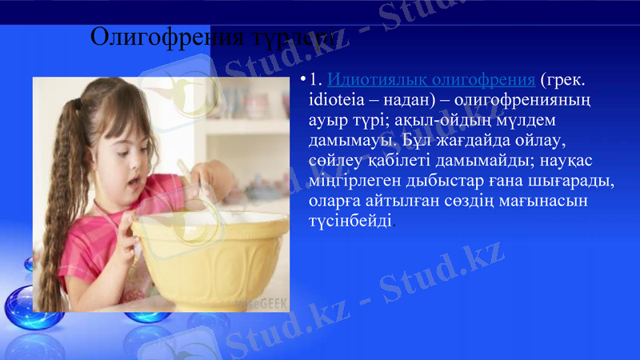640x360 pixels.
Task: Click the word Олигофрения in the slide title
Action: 151,37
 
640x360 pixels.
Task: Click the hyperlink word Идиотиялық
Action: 375,80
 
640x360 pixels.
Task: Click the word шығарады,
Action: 573,181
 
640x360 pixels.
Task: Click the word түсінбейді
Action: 351,221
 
